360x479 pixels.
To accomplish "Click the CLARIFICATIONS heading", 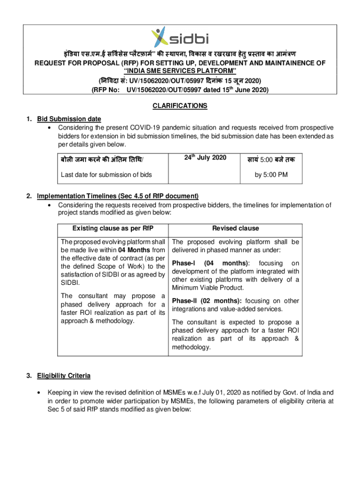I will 180,106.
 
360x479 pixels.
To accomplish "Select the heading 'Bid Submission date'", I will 69,119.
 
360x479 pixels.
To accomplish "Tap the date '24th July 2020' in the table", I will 205,158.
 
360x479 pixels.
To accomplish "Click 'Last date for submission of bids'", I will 106,175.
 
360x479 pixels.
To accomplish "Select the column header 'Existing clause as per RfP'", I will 113,228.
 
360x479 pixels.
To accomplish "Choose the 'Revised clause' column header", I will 235,228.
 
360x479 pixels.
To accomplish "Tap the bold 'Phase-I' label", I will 184,263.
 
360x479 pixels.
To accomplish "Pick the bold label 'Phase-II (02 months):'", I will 207,301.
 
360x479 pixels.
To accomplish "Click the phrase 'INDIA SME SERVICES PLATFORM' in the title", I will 180,71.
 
